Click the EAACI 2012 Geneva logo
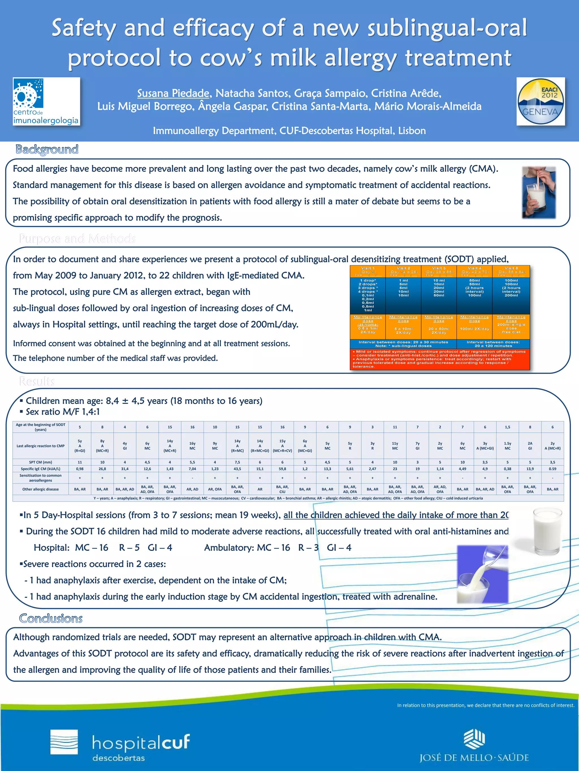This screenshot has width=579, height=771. coord(540,101)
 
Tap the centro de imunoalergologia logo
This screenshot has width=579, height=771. coord(46,101)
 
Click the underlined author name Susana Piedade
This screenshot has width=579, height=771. coord(173,93)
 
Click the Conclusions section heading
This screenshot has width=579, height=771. coord(51,618)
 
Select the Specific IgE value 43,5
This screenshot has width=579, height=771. coord(237,469)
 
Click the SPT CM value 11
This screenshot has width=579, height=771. coord(79,462)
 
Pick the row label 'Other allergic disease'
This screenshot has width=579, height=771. coord(40,489)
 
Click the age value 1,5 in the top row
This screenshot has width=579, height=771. coord(507,427)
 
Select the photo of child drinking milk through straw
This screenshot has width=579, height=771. coord(539,193)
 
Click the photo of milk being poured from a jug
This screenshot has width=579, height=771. coord(483,574)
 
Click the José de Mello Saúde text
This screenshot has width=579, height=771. coord(474,757)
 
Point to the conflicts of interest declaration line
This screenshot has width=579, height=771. coord(485,705)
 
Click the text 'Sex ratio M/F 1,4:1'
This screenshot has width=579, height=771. coord(62,412)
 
